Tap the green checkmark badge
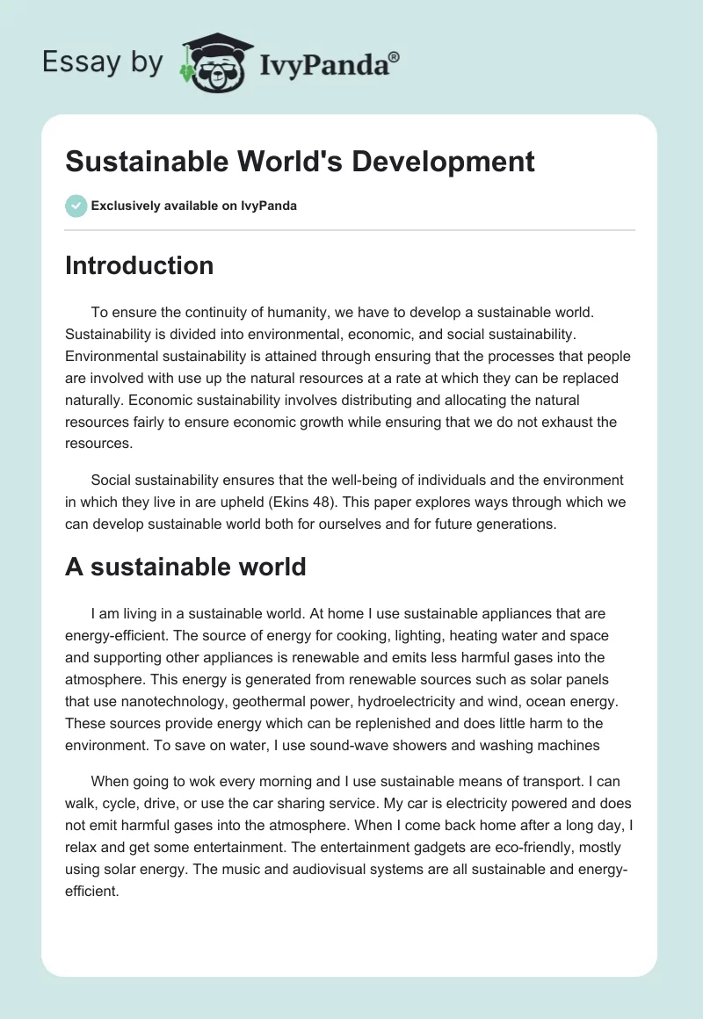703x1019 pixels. click(x=76, y=206)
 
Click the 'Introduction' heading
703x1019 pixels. click(x=139, y=265)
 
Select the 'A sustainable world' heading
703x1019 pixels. click(x=185, y=567)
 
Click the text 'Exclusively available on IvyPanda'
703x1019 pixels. click(x=194, y=206)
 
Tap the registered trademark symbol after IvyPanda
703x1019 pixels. click(x=395, y=56)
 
